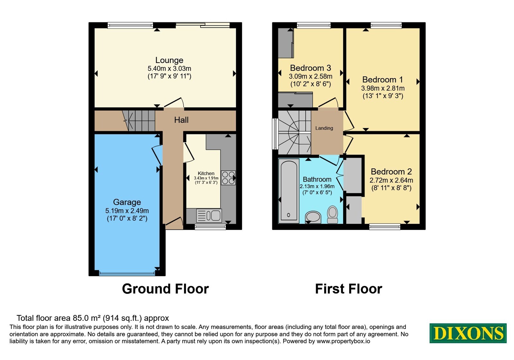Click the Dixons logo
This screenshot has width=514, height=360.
coord(468,333)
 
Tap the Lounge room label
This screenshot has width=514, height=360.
coord(169,60)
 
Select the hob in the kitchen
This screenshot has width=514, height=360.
coord(228,178)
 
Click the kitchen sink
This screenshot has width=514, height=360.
coord(209,216)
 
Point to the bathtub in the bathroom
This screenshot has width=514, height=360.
coord(289,191)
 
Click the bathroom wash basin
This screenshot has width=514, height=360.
coord(313,217)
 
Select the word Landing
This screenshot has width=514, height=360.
coord(324,128)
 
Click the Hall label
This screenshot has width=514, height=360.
coord(181,120)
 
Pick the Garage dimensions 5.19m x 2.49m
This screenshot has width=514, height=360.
coord(127,211)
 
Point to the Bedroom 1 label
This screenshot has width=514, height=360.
coord(383,80)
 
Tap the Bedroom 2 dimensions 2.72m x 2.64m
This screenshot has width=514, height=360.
coord(391,180)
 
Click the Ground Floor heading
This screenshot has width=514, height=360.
coord(165,289)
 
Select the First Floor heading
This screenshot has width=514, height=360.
coord(349,289)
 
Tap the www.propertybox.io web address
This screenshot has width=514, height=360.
coord(343,341)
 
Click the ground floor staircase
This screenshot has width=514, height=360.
coord(138,121)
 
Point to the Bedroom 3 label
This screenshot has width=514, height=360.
coord(310,68)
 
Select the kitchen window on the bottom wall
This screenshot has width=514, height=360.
coord(210,227)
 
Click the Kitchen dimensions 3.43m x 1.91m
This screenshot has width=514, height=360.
coord(206,178)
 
